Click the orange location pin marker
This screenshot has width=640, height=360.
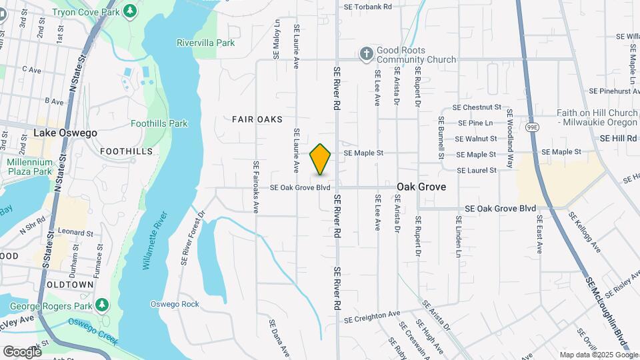321,159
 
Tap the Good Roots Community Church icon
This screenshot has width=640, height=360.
366,55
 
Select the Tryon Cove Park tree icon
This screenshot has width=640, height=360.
131,11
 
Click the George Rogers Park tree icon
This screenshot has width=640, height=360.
101,305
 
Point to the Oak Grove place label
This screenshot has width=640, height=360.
421,187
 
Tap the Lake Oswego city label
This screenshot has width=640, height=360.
65,133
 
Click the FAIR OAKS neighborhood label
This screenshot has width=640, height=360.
257,119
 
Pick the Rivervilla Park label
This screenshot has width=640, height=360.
205,43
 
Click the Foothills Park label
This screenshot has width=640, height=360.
159,123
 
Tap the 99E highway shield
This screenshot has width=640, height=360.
532,127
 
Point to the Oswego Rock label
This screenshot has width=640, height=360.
175,304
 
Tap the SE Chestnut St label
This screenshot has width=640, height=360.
476,107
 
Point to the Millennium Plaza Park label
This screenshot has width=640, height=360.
29,167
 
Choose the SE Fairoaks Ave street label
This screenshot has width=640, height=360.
255,187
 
